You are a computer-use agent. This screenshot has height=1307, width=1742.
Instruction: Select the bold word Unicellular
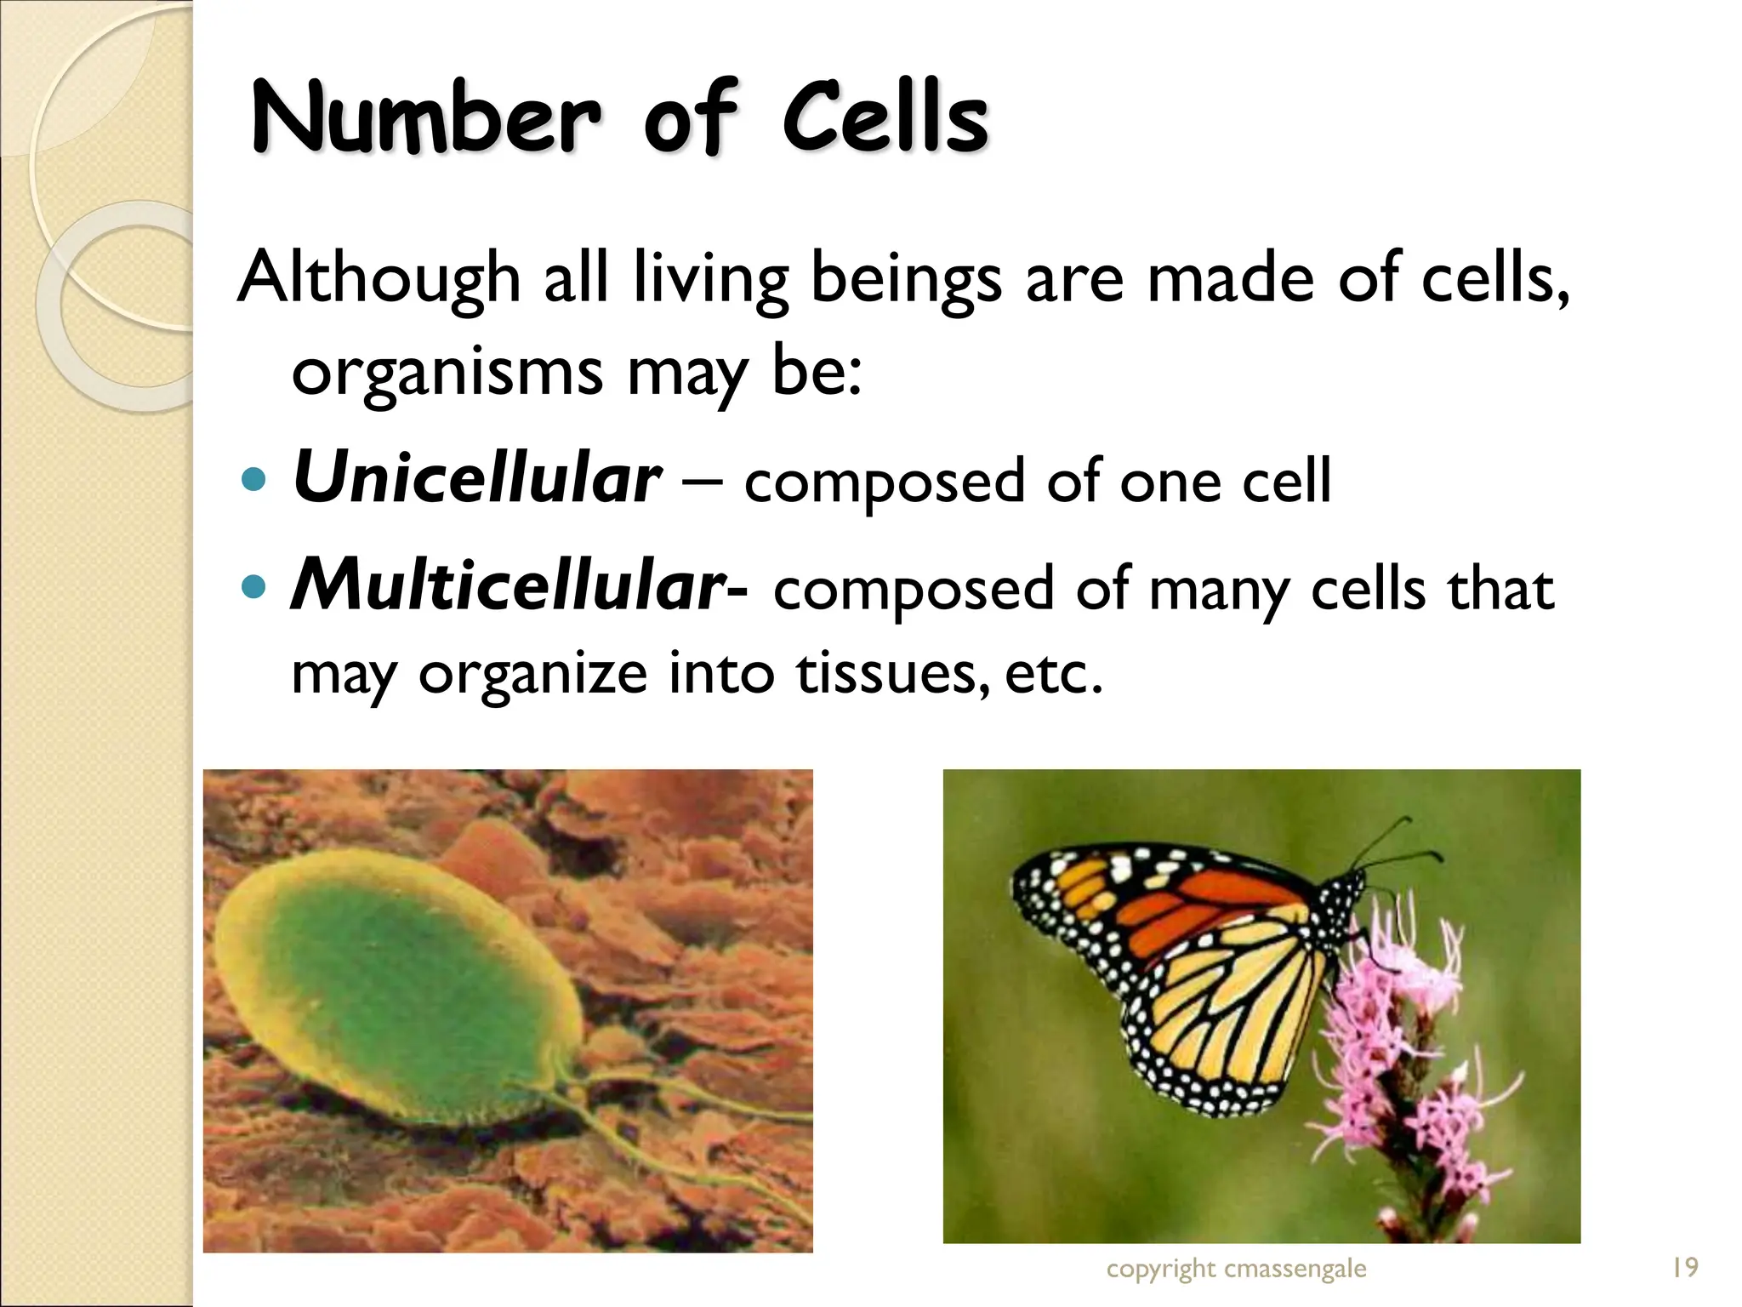coord(476,478)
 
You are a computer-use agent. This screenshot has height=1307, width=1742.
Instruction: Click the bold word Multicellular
coord(508,586)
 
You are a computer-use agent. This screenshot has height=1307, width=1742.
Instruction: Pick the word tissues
coord(892,673)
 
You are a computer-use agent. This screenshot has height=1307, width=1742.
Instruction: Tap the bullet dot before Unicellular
coord(253,480)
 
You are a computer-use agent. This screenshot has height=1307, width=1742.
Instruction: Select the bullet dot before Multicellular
coord(253,587)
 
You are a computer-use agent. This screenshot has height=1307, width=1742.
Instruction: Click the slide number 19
coord(1684,1268)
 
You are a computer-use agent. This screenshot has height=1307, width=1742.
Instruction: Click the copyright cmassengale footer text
coord(1236,1269)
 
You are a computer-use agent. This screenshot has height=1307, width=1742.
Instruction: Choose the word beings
coord(906,278)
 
